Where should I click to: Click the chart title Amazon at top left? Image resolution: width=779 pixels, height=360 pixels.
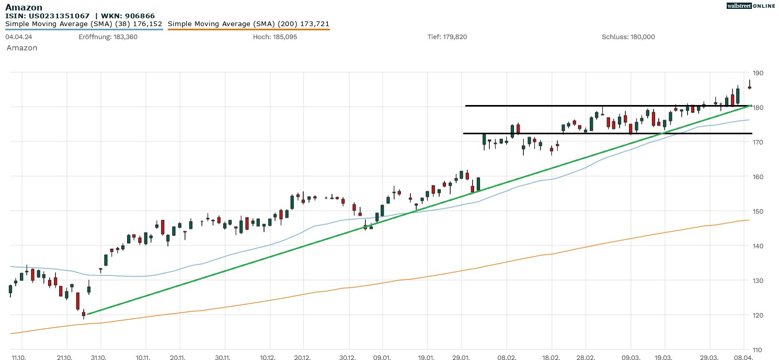pyautogui.click(x=24, y=7)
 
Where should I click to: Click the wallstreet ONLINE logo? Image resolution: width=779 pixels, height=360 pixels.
pyautogui.click(x=751, y=6)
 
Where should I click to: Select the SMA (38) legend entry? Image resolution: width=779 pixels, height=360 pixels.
pyautogui.click(x=84, y=24)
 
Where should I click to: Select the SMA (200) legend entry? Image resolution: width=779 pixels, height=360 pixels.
pyautogui.click(x=248, y=24)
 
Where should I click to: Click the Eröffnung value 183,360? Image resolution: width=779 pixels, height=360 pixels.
pyautogui.click(x=125, y=37)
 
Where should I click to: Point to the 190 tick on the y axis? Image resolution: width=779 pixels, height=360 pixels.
pyautogui.click(x=757, y=73)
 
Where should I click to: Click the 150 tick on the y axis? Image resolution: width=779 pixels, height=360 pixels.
pyautogui.click(x=757, y=212)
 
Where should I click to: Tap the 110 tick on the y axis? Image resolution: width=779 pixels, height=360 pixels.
pyautogui.click(x=757, y=350)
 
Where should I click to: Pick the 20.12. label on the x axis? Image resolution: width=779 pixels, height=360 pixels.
pyautogui.click(x=303, y=357)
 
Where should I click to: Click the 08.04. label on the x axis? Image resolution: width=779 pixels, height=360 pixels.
pyautogui.click(x=743, y=357)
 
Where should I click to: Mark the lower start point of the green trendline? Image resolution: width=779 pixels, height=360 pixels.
pyautogui.click(x=87, y=314)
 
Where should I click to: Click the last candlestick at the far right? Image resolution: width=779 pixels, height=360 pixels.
pyautogui.click(x=749, y=87)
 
